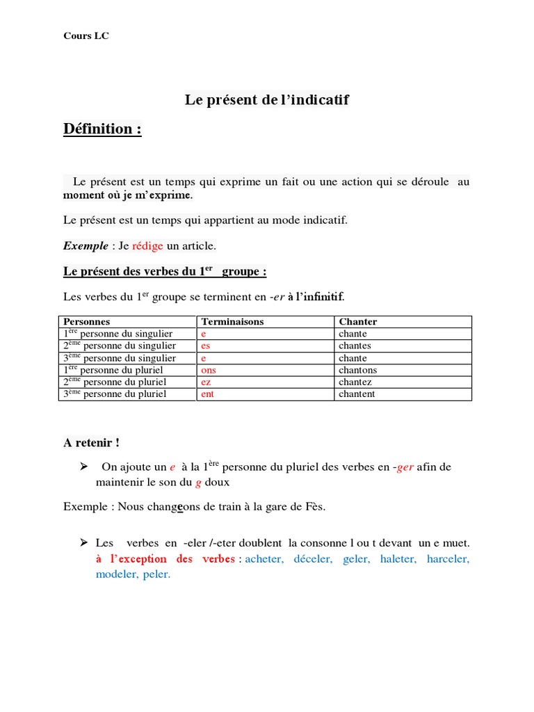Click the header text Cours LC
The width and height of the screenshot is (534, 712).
pos(86,36)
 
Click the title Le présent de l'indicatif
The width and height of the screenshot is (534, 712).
pos(266,100)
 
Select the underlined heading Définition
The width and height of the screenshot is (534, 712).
pos(102,129)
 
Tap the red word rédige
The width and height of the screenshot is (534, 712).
pos(147,245)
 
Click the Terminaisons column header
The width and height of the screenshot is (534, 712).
pos(232,322)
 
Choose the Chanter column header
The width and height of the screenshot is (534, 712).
pos(357,322)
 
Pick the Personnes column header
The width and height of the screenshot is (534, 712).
pos(87,322)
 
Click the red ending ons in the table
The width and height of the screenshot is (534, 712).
pos(209,370)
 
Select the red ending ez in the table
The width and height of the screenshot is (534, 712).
pos(206,382)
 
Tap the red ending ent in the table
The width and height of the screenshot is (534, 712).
pos(208,394)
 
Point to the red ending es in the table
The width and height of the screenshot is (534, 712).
pos(205,346)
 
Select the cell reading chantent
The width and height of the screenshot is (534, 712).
pos(357,394)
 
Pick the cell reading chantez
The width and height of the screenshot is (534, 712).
pos(355,382)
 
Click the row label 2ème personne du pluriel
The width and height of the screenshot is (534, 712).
pos(115,382)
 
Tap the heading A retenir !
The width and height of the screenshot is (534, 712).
pos(91,443)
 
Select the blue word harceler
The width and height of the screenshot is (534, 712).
pos(448,559)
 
